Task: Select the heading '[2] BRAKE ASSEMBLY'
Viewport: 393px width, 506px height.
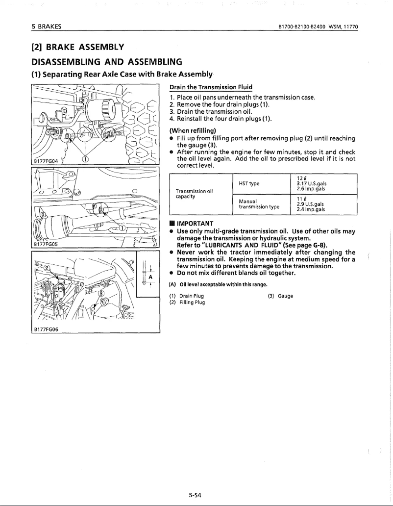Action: click(x=76, y=47)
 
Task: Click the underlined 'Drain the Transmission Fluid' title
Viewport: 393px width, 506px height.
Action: click(x=211, y=87)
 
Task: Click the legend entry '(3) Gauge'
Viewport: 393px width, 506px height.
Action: click(x=280, y=296)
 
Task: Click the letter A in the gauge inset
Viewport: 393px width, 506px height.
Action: click(x=151, y=276)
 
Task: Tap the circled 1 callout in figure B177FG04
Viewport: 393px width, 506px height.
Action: click(x=86, y=158)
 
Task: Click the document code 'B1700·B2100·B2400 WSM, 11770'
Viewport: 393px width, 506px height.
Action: click(x=316, y=25)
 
